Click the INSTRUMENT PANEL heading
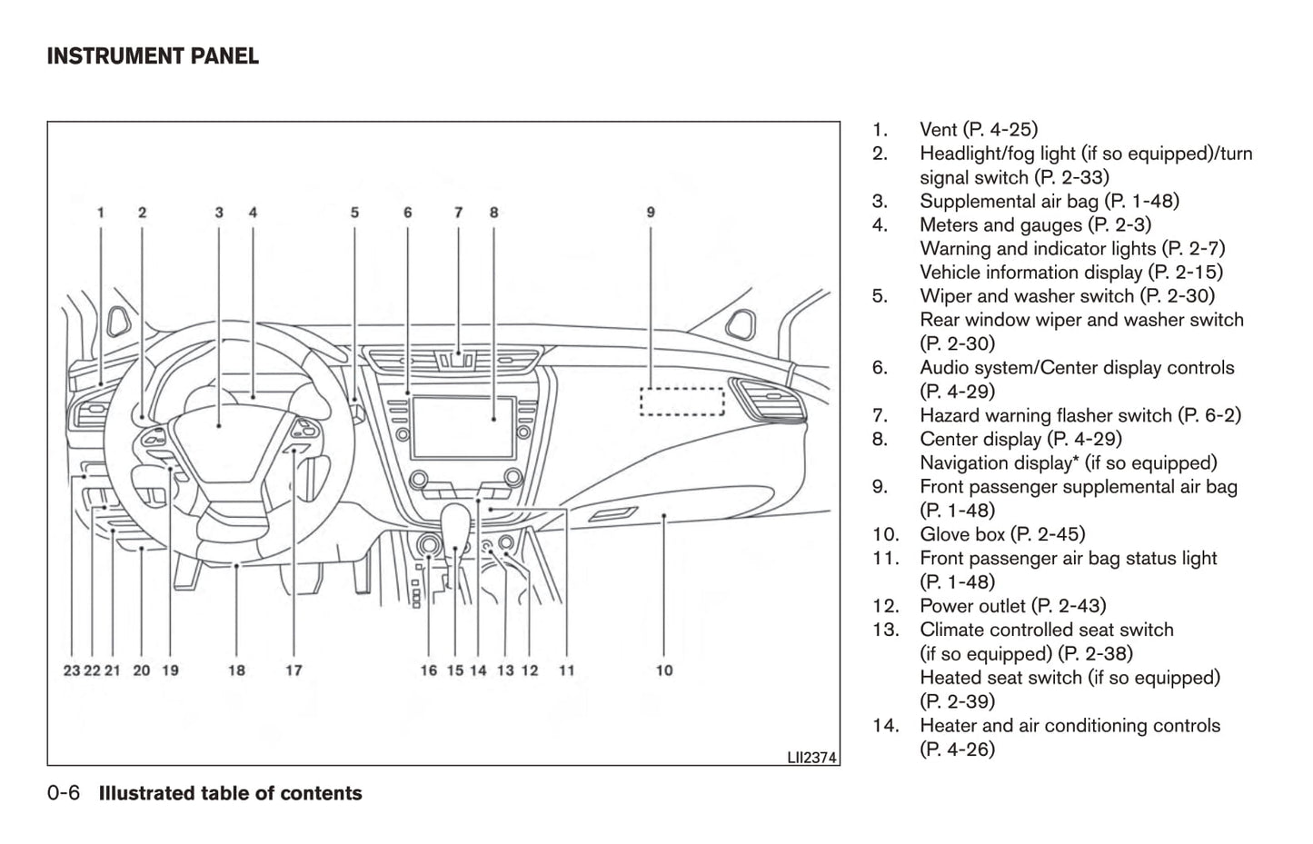coord(153,56)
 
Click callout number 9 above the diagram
coord(651,213)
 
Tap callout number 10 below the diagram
coord(664,670)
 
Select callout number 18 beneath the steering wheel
coord(236,670)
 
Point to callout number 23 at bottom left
coord(72,670)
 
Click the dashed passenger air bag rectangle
coord(681,402)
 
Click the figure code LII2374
coord(811,756)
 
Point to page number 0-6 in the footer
coord(64,793)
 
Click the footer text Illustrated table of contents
coord(230,793)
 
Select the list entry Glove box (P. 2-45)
coord(1001,534)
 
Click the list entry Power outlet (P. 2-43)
coord(1012,606)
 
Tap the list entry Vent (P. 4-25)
coord(978,130)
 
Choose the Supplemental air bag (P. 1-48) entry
coord(1049,201)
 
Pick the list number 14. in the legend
coord(885,725)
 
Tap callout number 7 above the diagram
coord(458,213)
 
